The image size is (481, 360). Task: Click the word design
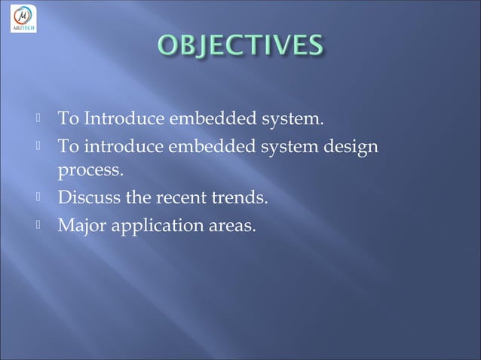[349, 147]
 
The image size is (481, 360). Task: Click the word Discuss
[87, 198]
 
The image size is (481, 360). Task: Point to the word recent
[181, 198]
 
